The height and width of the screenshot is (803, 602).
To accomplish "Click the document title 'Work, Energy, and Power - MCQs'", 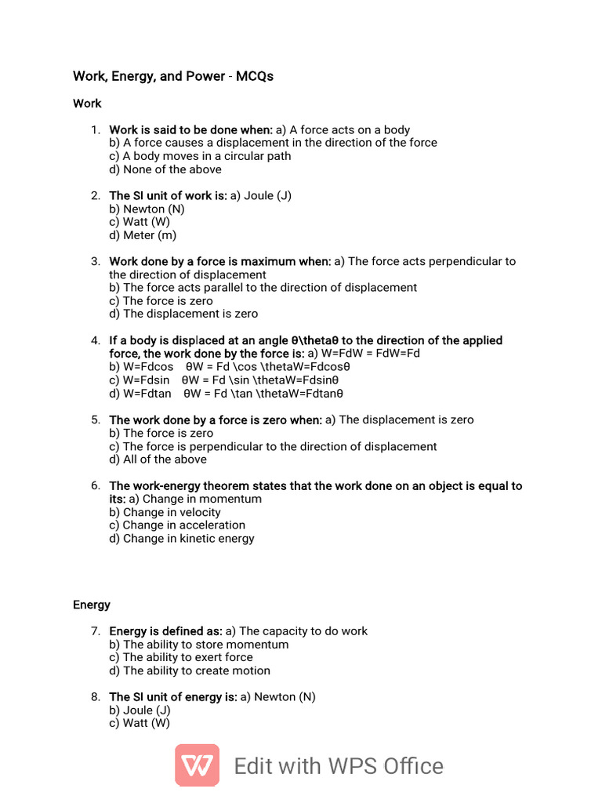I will pos(173,77).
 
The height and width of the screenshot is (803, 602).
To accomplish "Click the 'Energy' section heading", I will pos(92,605).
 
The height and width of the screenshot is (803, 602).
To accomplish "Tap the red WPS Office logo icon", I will pos(197,765).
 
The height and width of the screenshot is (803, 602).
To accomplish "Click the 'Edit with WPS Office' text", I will pos(339,766).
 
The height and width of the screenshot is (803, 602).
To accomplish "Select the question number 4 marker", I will pos(95,340).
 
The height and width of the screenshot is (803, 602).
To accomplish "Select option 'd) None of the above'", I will pos(165,169).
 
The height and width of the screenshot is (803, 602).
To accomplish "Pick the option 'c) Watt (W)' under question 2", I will pos(140,222).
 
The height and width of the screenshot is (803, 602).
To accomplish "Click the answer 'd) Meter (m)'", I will pos(143,235).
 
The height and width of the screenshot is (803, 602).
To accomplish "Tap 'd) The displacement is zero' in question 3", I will pos(183,314).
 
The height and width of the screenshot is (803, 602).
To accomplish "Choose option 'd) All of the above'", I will pos(158,460).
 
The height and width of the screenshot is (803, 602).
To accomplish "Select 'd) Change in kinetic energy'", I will pos(182,539).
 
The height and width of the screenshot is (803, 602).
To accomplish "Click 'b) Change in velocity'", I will pos(165,512).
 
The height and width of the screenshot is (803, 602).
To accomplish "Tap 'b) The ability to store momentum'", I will pos(199,645).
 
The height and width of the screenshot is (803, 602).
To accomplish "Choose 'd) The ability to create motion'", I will pos(190,670).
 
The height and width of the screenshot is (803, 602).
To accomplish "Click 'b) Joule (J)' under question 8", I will pos(140,710).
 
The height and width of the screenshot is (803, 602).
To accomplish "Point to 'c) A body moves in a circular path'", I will pos(200,156).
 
